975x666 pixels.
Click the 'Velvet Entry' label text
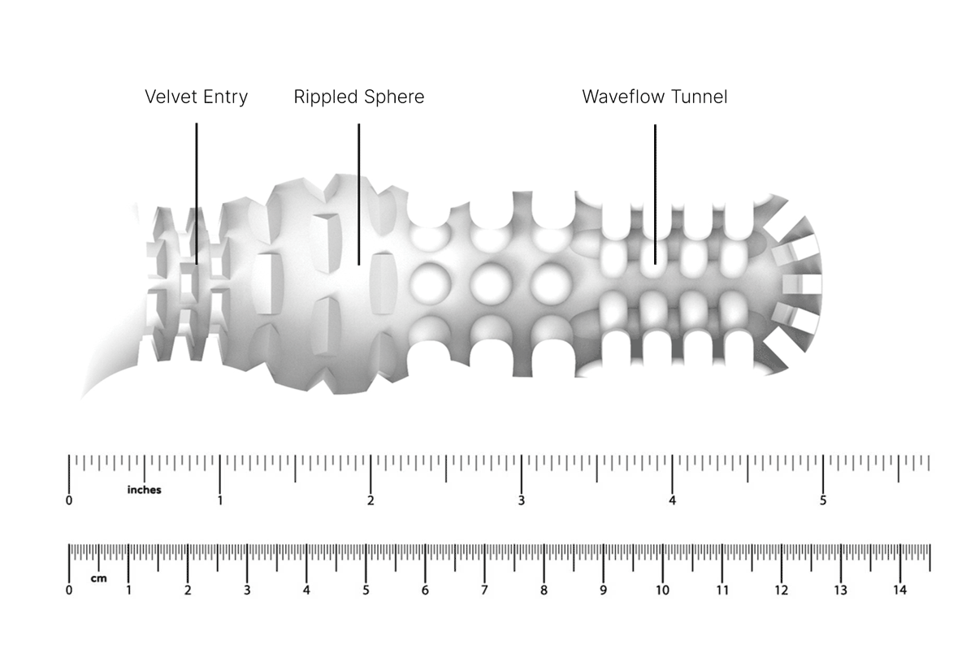(197, 97)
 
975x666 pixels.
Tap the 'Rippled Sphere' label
(359, 97)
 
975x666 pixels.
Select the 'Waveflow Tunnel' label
(655, 97)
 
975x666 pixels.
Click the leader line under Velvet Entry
(197, 193)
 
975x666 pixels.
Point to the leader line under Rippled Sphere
(358, 194)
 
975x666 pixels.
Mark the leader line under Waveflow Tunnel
(655, 194)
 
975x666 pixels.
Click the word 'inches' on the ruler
(144, 490)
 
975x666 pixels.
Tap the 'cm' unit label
(99, 578)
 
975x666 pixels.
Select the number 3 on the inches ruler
(521, 500)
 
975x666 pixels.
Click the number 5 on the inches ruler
(822, 500)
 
